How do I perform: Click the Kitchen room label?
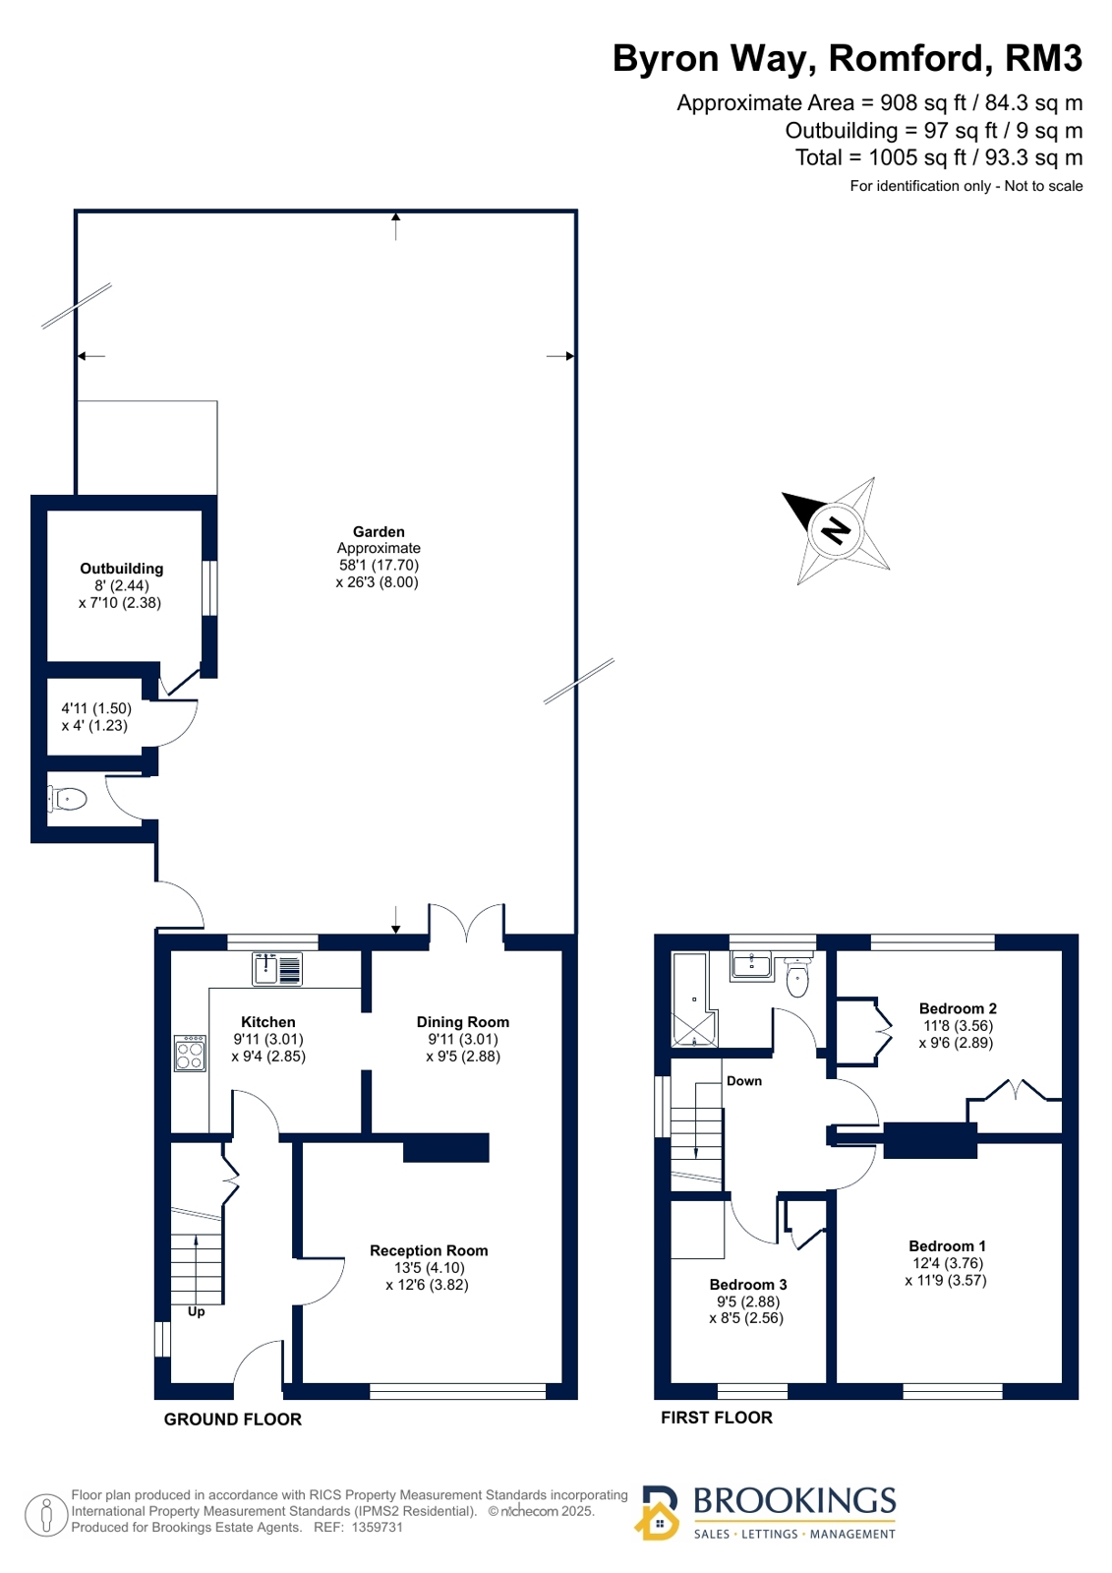pos(268,1022)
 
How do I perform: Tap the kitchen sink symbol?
pos(276,968)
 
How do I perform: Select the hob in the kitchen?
pos(190,1053)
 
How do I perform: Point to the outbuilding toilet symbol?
pos(68,799)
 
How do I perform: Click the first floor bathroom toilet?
pos(796,977)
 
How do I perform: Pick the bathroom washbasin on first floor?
pos(751,965)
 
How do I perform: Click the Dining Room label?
pos(463,1022)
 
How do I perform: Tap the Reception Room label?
pos(429,1250)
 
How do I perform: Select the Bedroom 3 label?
pos(747,1285)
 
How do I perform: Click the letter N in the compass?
pos(836,529)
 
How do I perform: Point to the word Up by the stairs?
pos(196,1311)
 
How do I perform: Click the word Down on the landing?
pos(744,1081)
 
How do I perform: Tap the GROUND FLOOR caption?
pos(232,1420)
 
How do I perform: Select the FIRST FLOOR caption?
pos(716,1418)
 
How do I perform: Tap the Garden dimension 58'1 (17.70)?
pos(379,565)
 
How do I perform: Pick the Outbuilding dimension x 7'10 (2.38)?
pos(120,602)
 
